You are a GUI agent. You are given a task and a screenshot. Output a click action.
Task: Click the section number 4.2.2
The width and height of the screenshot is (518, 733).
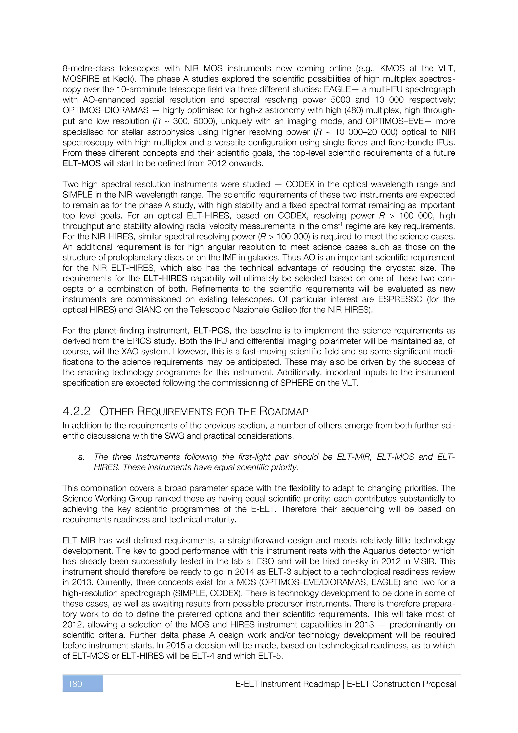click(x=77, y=412)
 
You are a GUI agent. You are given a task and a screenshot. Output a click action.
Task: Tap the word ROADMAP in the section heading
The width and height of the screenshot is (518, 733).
click(x=284, y=412)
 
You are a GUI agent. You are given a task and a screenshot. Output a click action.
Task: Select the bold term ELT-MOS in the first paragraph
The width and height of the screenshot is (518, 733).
click(x=82, y=164)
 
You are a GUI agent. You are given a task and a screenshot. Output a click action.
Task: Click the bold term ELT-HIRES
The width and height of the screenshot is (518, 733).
click(x=165, y=278)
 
